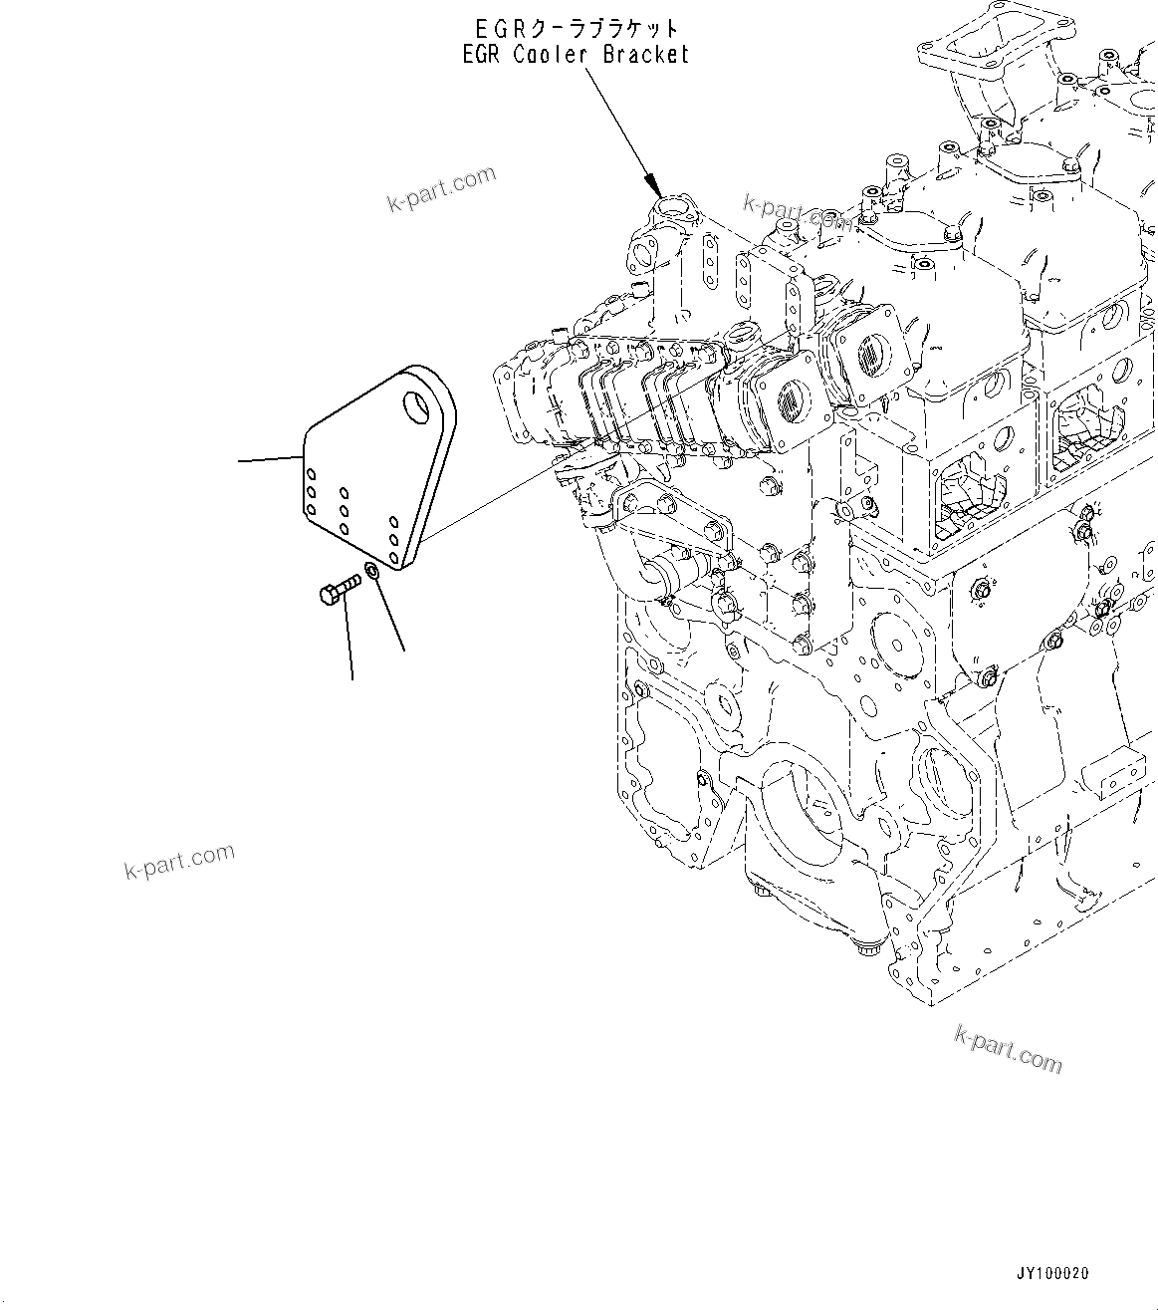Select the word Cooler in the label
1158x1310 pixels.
[x=552, y=55]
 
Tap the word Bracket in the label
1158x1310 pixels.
[x=645, y=55]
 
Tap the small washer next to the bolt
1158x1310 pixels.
[x=371, y=571]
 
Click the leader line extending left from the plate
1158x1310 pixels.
[x=269, y=459]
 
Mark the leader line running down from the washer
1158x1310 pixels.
[x=390, y=618]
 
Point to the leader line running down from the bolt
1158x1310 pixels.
[x=349, y=643]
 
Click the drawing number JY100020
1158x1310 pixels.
[x=1052, y=1274]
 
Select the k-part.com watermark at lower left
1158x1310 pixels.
[x=179, y=861]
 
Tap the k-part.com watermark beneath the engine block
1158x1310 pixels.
[x=1008, y=1049]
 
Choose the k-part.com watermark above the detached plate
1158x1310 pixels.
[x=441, y=188]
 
